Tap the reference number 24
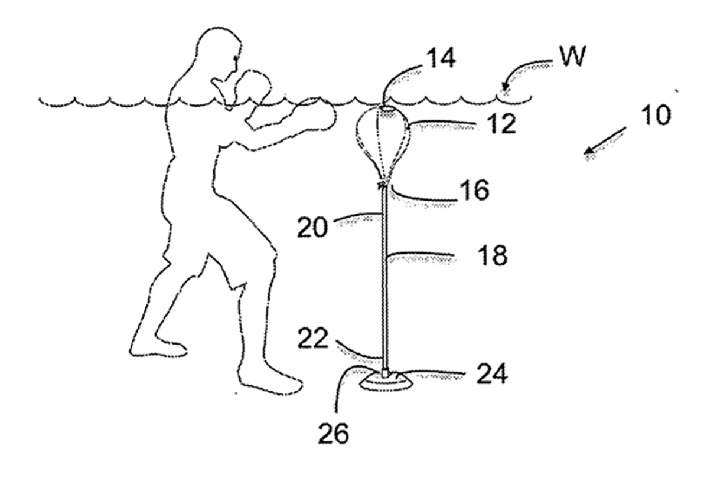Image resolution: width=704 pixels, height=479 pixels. (490, 373)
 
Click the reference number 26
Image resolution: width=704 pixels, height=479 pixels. (334, 435)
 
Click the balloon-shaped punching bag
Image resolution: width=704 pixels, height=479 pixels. (384, 142)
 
